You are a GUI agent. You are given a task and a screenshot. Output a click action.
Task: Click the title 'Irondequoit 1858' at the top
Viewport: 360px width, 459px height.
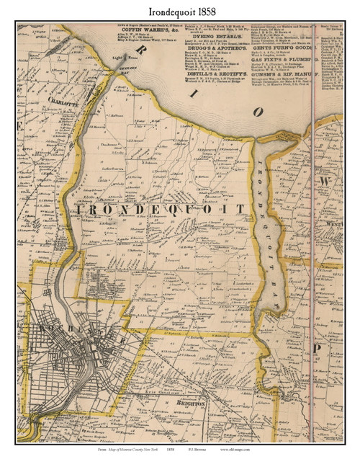179,9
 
